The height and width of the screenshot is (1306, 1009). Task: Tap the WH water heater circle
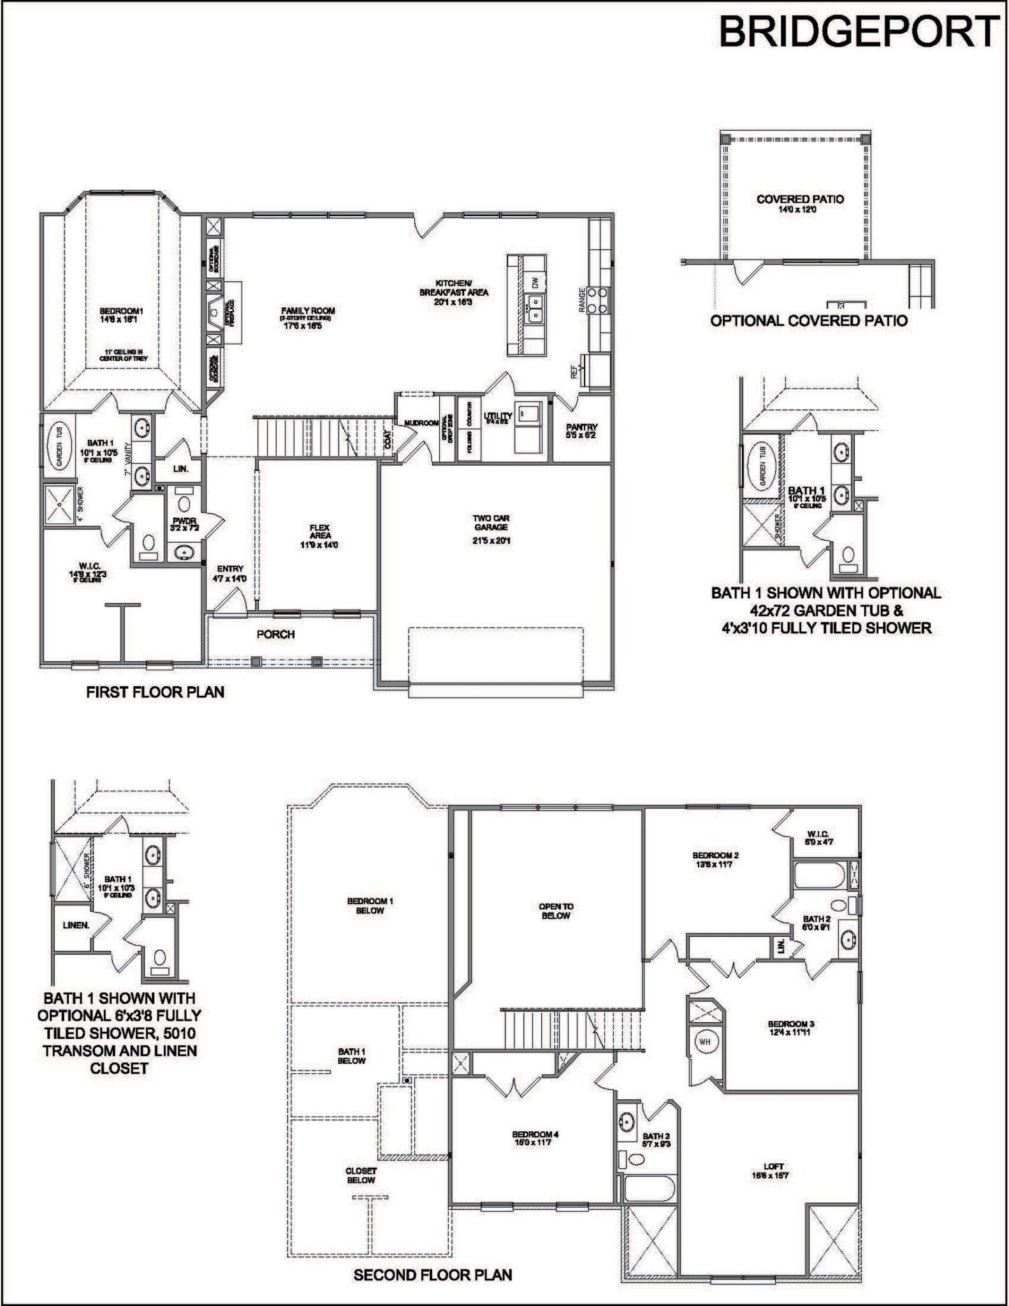pos(704,1042)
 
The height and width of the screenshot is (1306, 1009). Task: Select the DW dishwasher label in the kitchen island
pos(535,282)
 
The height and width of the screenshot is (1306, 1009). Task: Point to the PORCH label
pos(275,634)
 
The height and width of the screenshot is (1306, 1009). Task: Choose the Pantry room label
pos(581,432)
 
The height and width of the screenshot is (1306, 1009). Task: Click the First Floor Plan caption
pos(156,692)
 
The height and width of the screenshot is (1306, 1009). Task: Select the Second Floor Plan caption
pos(433,1275)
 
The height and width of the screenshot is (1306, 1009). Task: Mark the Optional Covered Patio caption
pos(809,320)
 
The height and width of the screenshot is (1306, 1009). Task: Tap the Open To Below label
pos(555,911)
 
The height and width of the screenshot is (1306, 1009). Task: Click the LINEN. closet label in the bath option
pos(76,925)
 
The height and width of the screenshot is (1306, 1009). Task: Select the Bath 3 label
pos(656,1136)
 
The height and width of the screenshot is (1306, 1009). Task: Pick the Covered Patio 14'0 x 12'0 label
pos(800,203)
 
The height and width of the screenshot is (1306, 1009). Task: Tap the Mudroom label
pos(421,423)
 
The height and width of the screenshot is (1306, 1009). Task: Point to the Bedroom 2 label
pos(716,860)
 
